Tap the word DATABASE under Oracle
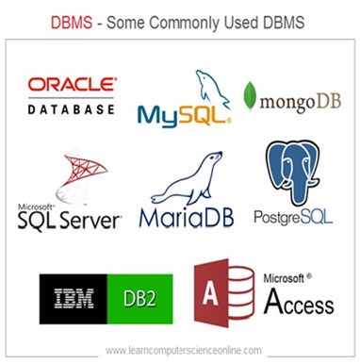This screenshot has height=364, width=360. [x=72, y=108]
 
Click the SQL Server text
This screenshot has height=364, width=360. [x=70, y=220]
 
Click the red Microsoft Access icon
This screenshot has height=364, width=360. [x=222, y=294]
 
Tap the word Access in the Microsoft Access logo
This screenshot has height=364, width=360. [x=298, y=304]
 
